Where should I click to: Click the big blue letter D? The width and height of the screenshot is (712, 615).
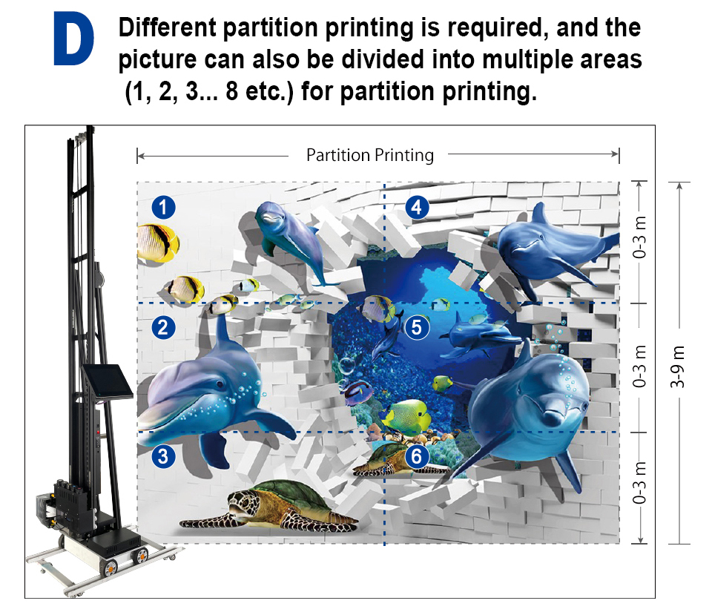[x=73, y=39]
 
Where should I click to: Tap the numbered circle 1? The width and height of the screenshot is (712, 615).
[x=163, y=208]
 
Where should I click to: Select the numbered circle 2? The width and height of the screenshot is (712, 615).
[x=163, y=327]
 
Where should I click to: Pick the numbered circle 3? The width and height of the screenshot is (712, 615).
[x=163, y=456]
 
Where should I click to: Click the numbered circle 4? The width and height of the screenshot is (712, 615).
[x=417, y=208]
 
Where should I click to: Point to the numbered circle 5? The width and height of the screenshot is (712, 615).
[x=417, y=327]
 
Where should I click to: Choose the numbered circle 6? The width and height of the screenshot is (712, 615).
[x=417, y=456]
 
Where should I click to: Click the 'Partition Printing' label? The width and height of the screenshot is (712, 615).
[x=370, y=155]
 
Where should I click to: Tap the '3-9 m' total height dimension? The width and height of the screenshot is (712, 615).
[x=678, y=366]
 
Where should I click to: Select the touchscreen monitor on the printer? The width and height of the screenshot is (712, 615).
[x=108, y=381]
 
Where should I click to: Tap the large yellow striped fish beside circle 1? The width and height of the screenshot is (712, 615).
[x=157, y=243]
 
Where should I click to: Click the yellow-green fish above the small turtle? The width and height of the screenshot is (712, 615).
[x=407, y=415]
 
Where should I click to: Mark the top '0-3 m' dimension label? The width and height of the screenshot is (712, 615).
[x=639, y=237]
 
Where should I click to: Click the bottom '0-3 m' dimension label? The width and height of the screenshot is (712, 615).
[x=639, y=482]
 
